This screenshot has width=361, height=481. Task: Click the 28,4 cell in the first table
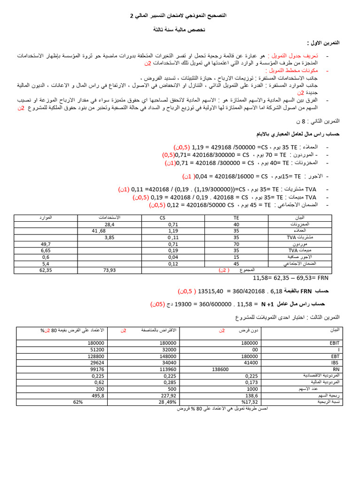(109, 225)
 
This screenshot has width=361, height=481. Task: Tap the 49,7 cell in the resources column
(46, 244)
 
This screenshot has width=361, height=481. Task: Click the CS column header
(163, 218)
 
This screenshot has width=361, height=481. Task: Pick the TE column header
(236, 218)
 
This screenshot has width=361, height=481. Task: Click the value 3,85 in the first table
(109, 238)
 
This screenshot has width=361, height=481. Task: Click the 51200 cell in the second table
(95, 349)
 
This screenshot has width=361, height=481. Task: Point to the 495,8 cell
(97, 396)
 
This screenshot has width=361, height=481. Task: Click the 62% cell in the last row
(78, 402)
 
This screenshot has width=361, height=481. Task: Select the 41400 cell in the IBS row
(250, 363)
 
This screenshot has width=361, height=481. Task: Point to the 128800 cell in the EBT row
(95, 356)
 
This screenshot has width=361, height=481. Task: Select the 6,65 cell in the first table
(46, 251)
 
